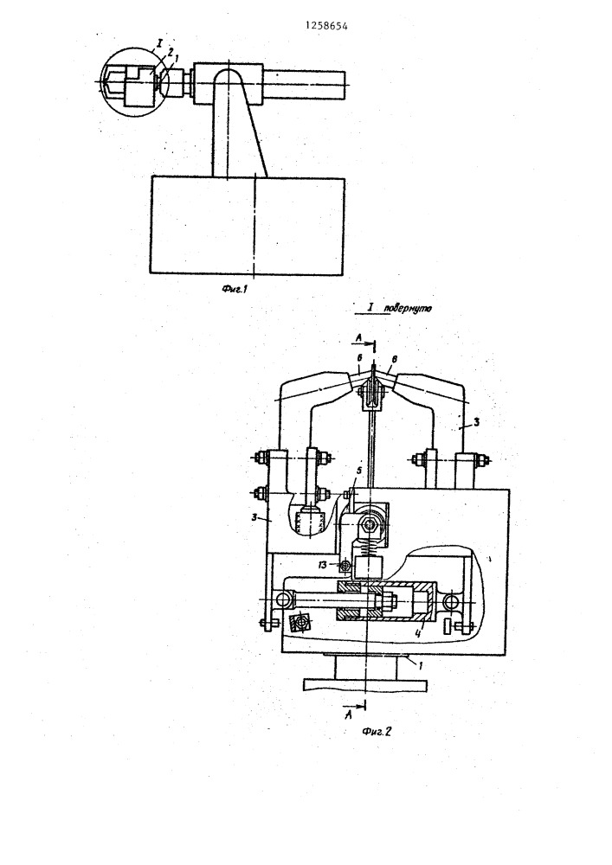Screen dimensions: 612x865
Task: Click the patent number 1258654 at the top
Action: tap(326, 25)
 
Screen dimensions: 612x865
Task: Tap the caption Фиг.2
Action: tap(377, 732)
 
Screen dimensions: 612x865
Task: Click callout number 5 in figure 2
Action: tap(358, 471)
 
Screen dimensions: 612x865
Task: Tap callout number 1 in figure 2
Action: tap(420, 665)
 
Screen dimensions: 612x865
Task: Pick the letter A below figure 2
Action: tap(347, 715)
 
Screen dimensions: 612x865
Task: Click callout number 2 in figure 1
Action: tap(170, 51)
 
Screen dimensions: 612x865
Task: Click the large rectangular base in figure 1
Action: tap(248, 225)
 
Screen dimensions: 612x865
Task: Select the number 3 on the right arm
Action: tap(476, 422)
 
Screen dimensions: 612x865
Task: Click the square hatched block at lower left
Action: tap(300, 622)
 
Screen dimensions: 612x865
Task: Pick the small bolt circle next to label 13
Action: tap(345, 565)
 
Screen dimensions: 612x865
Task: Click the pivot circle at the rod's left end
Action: tap(285, 599)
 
